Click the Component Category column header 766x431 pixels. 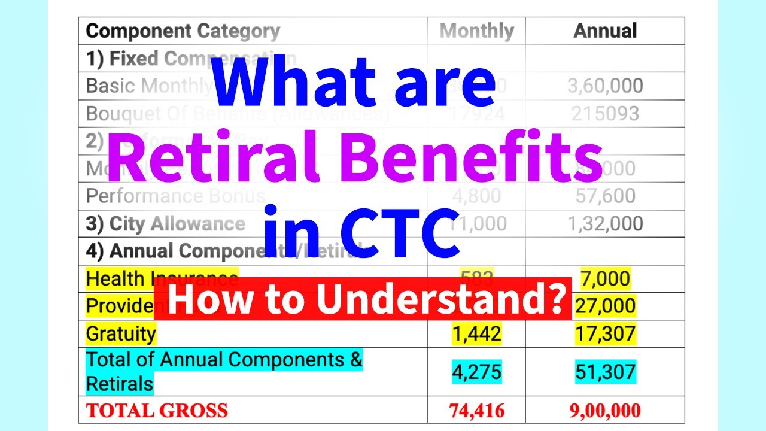click(x=183, y=31)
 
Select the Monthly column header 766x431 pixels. click(x=476, y=31)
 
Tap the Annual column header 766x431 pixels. click(x=605, y=31)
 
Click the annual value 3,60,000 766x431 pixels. click(x=605, y=86)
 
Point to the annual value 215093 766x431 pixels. click(x=605, y=113)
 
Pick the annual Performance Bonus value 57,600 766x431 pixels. click(x=605, y=196)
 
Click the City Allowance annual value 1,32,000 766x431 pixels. click(x=605, y=223)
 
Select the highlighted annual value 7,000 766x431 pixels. click(x=605, y=278)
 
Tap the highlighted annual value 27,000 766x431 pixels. click(x=605, y=306)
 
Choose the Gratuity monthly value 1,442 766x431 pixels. click(x=476, y=333)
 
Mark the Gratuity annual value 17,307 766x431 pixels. click(x=605, y=333)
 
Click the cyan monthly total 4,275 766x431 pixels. click(x=476, y=372)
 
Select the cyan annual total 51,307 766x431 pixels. click(x=605, y=372)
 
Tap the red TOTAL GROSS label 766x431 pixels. click(x=157, y=411)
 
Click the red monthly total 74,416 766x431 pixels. click(x=476, y=411)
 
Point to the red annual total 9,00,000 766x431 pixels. click(x=605, y=411)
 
